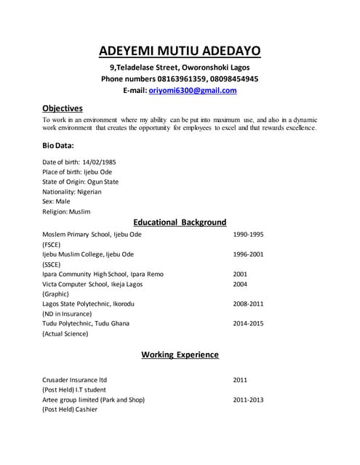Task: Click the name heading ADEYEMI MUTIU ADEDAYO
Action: tap(180, 51)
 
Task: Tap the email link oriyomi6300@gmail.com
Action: tap(193, 91)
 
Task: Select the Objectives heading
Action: tap(63, 108)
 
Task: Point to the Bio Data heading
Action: tap(58, 145)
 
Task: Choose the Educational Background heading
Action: tap(180, 222)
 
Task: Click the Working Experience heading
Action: tap(180, 355)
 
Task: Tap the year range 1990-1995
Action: tap(248, 235)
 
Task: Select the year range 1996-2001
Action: tap(248, 255)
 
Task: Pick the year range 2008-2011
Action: tap(248, 304)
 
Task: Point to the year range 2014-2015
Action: tap(248, 323)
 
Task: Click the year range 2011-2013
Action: tap(248, 400)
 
